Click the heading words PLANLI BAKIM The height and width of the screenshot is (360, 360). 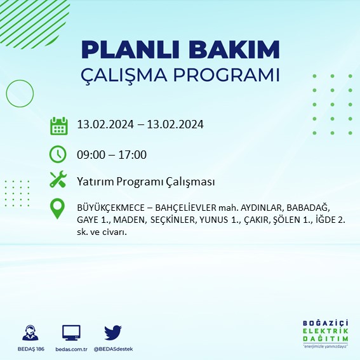click(180, 50)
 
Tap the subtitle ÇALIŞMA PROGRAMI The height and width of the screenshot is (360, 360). click(180, 74)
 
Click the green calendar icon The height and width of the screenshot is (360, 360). click(58, 126)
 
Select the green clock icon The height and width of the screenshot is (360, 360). click(58, 154)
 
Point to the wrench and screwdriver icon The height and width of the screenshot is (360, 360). click(58, 180)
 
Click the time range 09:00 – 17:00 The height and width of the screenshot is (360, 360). click(111, 154)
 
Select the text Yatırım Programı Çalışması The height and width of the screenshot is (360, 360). click(145, 182)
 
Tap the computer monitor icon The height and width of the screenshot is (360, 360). click(71, 333)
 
